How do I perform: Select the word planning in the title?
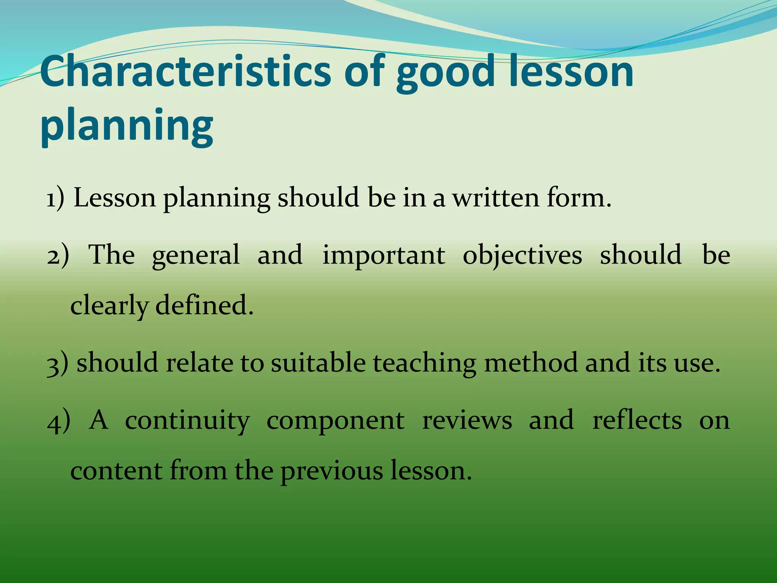tap(127, 125)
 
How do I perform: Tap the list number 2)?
tap(58, 255)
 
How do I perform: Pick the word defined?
tap(204, 305)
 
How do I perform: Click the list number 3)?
tap(58, 363)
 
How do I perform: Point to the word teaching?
tap(424, 364)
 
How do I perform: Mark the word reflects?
tap(637, 421)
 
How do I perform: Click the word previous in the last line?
tap(332, 472)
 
